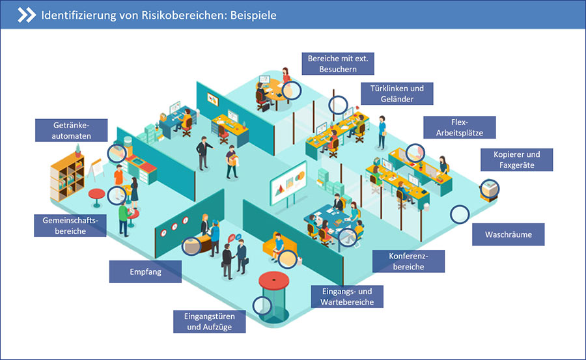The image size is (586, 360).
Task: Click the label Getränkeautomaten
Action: click(72, 130)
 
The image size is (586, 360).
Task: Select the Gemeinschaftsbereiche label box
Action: click(70, 225)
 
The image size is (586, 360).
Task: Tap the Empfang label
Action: click(145, 271)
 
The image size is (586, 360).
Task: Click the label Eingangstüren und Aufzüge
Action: click(209, 322)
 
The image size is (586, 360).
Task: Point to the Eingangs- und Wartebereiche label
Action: click(347, 296)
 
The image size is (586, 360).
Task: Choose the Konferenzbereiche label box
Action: click(408, 261)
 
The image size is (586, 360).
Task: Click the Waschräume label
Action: click(509, 234)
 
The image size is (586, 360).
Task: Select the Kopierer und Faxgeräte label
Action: click(516, 159)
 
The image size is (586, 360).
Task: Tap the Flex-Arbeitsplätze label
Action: click(460, 128)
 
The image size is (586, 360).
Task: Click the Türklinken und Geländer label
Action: click(397, 94)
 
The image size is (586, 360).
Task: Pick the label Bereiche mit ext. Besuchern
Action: click(338, 64)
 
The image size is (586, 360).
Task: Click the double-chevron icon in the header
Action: click(27, 16)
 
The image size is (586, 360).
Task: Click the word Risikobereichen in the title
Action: click(184, 16)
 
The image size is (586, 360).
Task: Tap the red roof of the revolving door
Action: click(274, 281)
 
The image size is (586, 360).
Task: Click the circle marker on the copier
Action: click(490, 188)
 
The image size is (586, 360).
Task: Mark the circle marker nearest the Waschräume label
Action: click(460, 215)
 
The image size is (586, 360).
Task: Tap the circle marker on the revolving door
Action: click(262, 305)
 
